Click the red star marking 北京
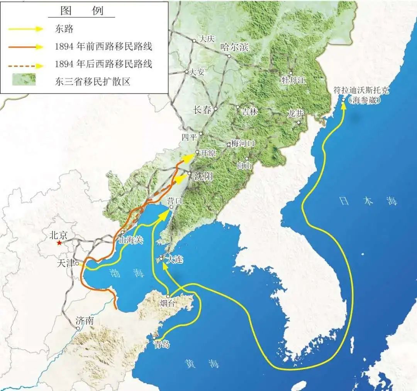click(x=59, y=243)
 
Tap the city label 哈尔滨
click(x=234, y=48)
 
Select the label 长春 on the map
click(x=202, y=110)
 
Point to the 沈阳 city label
click(x=203, y=177)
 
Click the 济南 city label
click(x=85, y=321)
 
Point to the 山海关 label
click(x=131, y=240)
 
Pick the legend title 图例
click(x=82, y=10)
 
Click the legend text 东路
click(x=64, y=29)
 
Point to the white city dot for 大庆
click(x=194, y=41)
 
